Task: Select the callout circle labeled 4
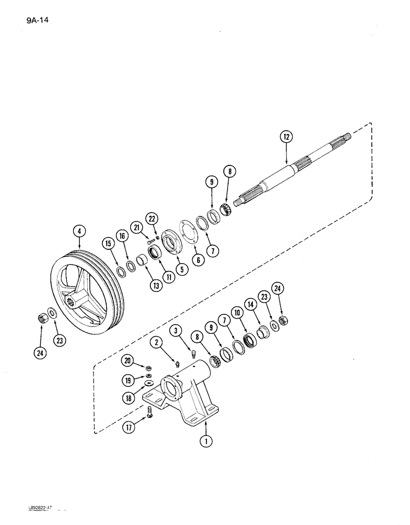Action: pyautogui.click(x=79, y=230)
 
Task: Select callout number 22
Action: pyautogui.click(x=152, y=218)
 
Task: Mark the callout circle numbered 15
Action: pyautogui.click(x=108, y=244)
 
